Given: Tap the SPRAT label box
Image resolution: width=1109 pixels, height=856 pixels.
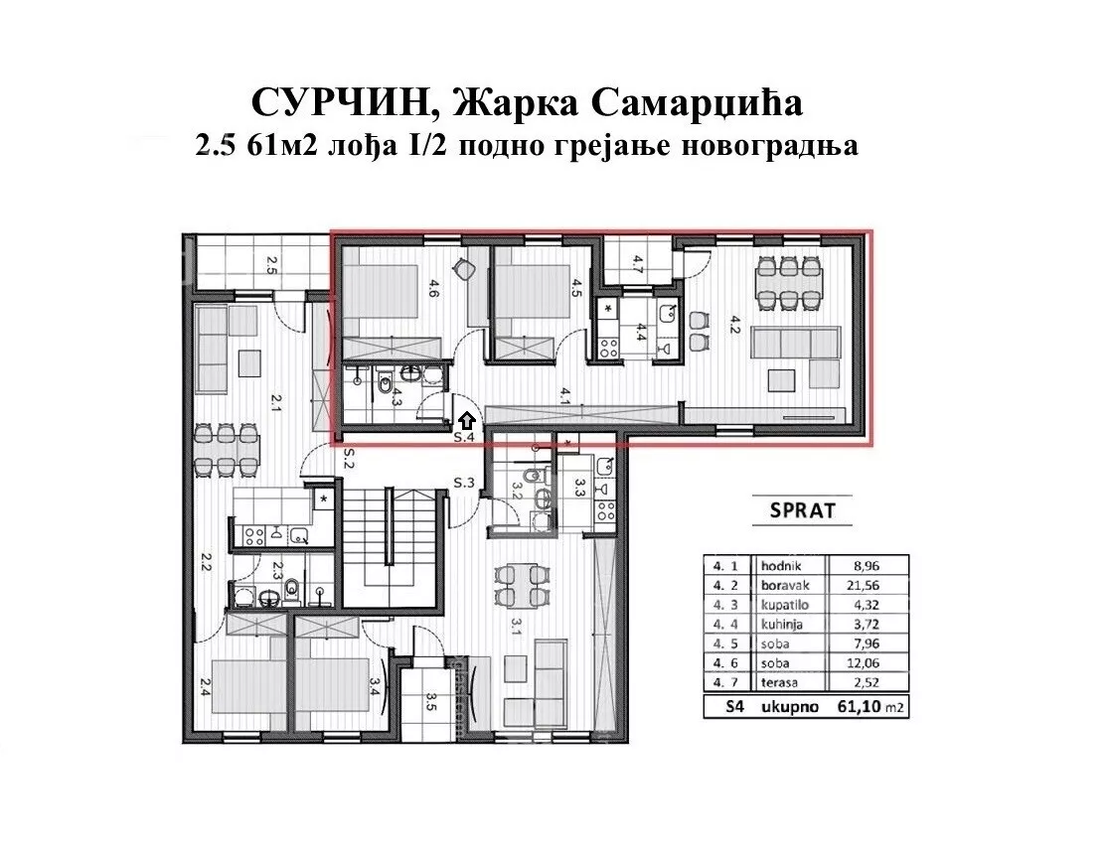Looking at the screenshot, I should [803, 511].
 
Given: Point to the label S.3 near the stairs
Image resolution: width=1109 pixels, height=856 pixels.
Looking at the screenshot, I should [464, 483].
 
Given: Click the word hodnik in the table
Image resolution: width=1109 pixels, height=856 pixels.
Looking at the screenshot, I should [780, 564].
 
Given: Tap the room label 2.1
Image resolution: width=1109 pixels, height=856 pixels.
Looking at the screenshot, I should [277, 402].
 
